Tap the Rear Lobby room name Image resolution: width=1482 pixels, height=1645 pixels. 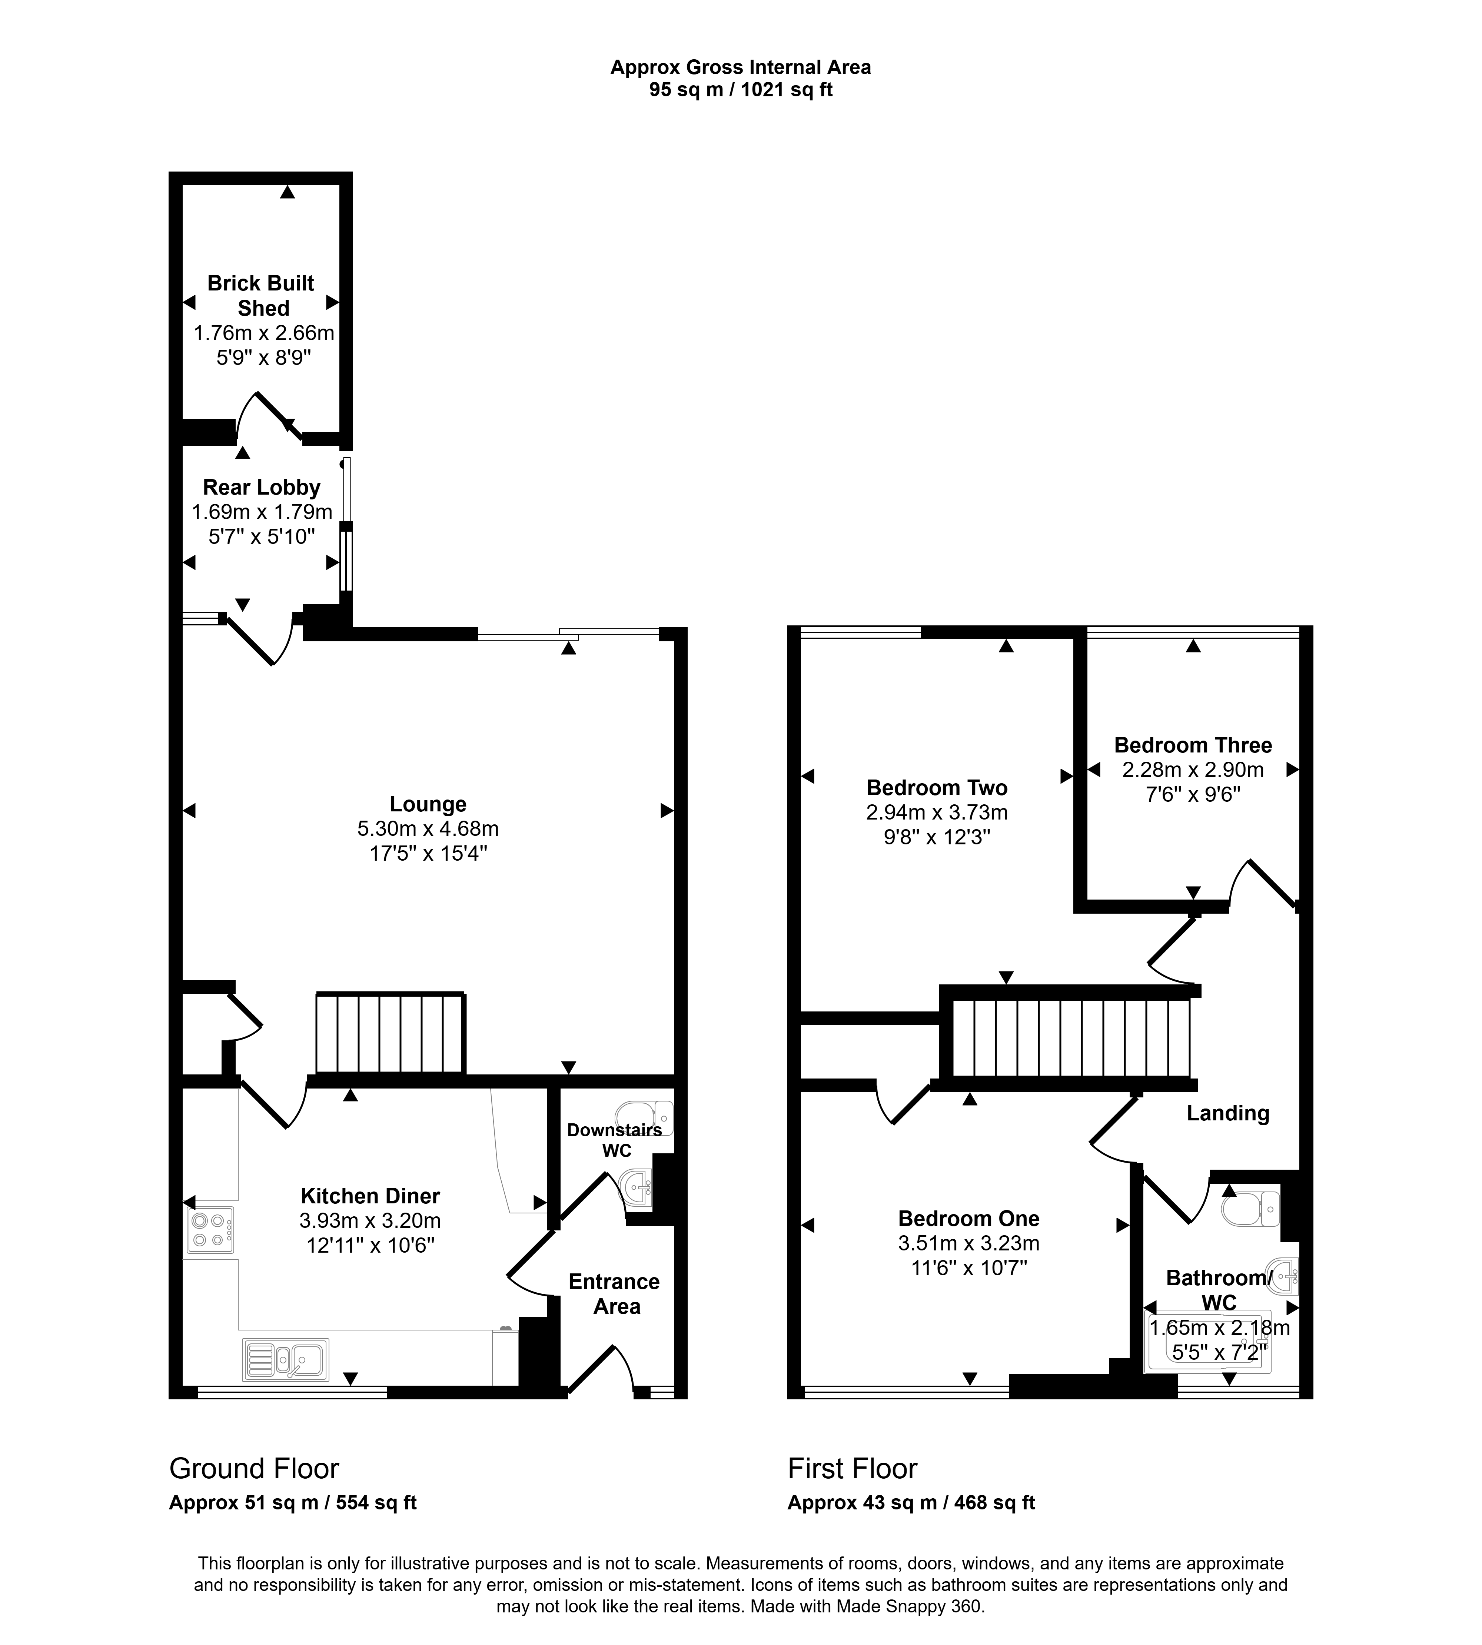[x=261, y=487]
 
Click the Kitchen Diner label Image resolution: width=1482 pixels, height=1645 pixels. [x=370, y=1196]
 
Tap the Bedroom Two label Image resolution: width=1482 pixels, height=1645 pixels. [x=937, y=787]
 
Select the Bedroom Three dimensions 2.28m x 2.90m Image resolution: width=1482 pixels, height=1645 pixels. [x=1193, y=770]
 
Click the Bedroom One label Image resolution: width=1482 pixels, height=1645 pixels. [x=969, y=1218]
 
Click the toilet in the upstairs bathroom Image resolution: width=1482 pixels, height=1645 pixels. [x=1252, y=1209]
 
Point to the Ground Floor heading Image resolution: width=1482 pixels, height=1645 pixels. [x=254, y=1468]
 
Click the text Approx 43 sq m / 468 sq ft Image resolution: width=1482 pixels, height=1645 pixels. [x=911, y=1502]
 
